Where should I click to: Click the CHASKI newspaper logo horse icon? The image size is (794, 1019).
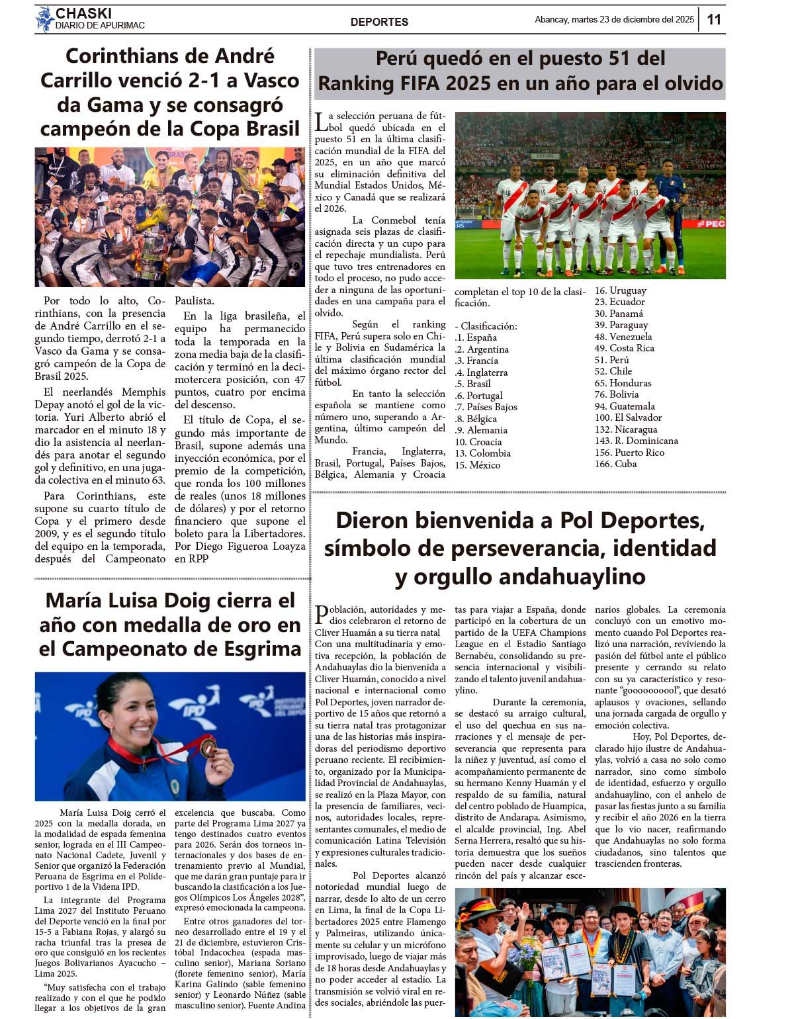pos(44,19)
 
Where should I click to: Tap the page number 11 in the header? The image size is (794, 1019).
pos(714,19)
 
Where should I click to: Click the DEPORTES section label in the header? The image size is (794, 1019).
pos(379,22)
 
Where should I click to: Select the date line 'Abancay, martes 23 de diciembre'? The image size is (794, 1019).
pos(614,20)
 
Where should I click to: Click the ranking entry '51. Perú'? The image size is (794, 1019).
pos(611,360)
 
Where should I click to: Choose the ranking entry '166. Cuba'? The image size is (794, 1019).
pos(615,464)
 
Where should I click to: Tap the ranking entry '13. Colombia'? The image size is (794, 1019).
pos(482,453)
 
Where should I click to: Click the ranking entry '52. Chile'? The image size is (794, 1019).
pos(613,371)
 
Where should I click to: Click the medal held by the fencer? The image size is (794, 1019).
pos(209,746)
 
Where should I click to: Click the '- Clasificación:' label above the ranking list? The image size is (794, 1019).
pos(486,326)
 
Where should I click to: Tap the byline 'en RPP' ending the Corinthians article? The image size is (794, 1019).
pos(191,558)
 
